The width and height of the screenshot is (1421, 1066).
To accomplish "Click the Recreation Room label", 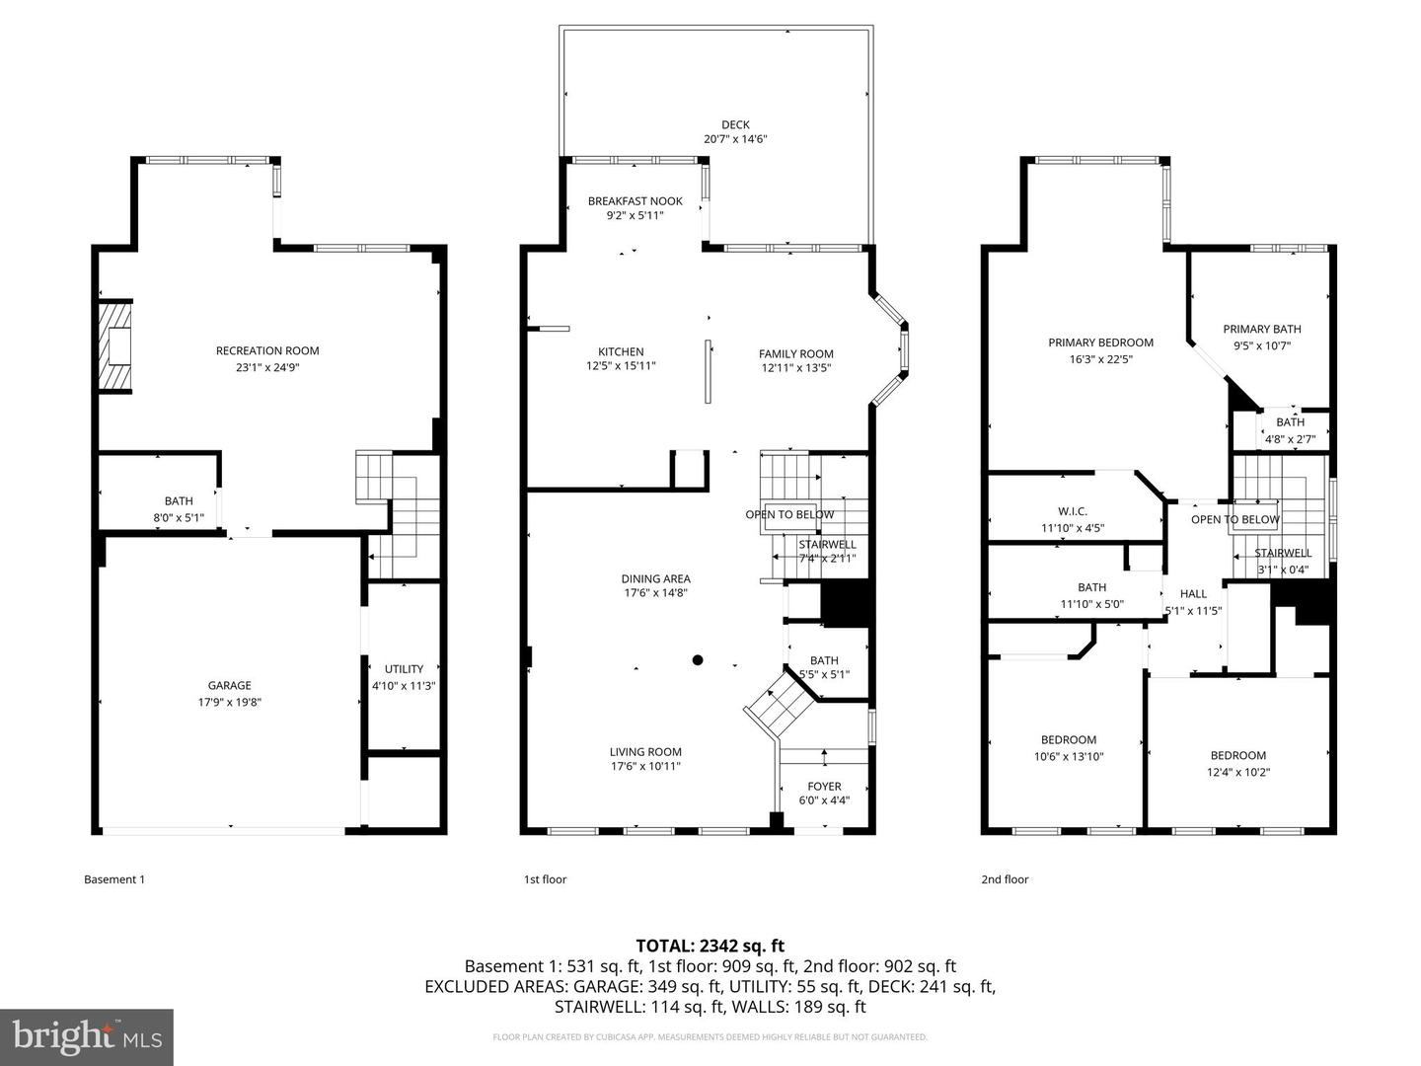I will point(267,350).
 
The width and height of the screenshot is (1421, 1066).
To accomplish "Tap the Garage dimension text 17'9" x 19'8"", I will point(229,703).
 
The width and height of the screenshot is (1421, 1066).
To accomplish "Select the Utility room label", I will point(404,669).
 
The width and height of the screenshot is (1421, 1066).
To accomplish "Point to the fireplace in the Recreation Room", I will point(116,346).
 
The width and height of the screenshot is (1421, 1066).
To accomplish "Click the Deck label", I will point(735,124).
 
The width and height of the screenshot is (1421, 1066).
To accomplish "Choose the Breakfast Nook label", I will point(635,201).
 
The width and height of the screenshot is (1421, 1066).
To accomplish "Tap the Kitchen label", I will point(621,351).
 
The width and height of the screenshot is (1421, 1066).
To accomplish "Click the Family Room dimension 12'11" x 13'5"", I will point(796,368).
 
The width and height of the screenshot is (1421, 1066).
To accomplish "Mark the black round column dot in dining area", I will point(698,660).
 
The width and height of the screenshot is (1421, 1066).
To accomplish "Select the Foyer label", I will point(824,787).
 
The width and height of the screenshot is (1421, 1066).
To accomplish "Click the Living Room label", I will point(645,752).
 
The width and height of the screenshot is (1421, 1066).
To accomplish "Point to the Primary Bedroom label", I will point(1100,343).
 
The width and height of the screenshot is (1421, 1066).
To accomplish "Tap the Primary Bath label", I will point(1261,330).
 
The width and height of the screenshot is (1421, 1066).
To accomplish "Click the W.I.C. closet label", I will point(1072,511).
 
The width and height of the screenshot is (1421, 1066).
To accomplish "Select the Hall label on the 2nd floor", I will point(1193,594).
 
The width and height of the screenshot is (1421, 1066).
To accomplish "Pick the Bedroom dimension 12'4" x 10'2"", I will point(1237,773).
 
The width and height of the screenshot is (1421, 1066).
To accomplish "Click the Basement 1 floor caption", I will point(114,879).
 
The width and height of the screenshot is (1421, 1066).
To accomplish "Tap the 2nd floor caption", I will point(1005,879).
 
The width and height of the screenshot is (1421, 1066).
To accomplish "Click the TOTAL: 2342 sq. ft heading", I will point(710,946).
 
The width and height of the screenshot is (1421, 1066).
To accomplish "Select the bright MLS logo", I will point(87,1036).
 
